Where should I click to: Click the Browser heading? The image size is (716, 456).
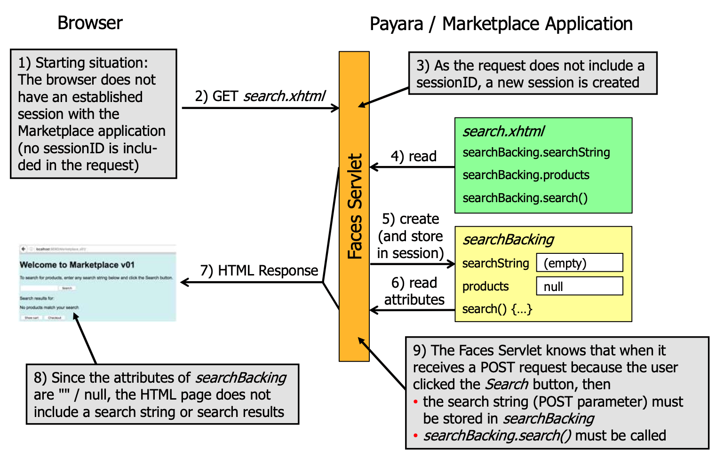coord(90,23)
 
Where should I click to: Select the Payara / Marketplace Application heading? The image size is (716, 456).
coord(501,24)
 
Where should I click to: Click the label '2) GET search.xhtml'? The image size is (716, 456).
coord(260,96)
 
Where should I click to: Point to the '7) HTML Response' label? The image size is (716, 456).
coord(259,271)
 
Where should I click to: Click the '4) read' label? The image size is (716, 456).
coord(414,157)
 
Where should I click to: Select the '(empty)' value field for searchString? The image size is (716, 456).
coord(580,263)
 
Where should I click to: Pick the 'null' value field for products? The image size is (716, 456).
coord(580,286)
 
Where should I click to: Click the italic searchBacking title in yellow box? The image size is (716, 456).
coord(508,240)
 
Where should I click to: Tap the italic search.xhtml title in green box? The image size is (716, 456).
coord(503,132)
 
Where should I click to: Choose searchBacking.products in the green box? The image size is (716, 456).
coord(526,175)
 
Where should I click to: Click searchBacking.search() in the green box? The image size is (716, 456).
coord(525,198)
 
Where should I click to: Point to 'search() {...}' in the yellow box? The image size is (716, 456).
coord(497,309)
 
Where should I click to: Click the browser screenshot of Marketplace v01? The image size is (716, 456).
coord(98,283)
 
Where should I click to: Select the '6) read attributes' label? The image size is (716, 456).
coord(414,291)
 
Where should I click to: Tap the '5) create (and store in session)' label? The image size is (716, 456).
coord(411,236)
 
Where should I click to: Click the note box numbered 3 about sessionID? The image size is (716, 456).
coord(533,74)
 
